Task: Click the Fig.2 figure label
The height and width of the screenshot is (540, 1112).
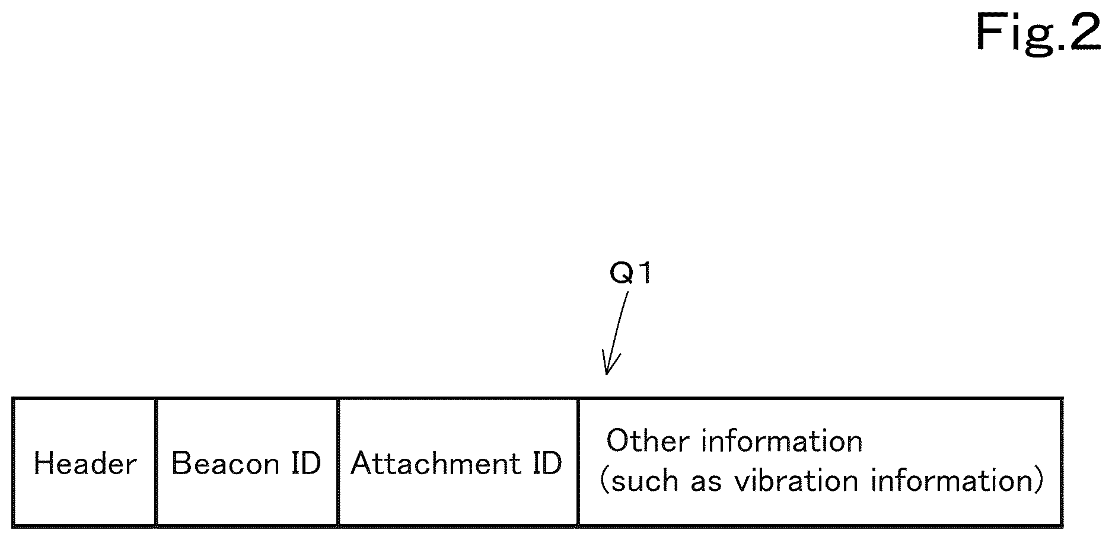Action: [x=1038, y=32]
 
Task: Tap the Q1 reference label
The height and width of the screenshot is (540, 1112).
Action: [x=632, y=274]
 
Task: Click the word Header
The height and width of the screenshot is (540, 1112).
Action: [x=85, y=463]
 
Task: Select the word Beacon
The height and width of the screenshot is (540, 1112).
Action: [x=225, y=463]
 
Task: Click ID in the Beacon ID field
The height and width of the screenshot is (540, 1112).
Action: [x=306, y=463]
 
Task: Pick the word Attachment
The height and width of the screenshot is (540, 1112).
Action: [x=436, y=463]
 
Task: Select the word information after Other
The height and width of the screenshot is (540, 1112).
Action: [x=782, y=442]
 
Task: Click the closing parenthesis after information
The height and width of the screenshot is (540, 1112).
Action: [x=1038, y=481]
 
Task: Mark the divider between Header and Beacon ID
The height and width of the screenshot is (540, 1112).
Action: [x=156, y=462]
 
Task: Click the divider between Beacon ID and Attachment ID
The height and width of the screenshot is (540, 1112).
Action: [x=338, y=462]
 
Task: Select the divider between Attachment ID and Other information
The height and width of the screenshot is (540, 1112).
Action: [x=578, y=462]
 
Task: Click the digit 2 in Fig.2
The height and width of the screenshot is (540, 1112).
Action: [x=1085, y=32]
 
